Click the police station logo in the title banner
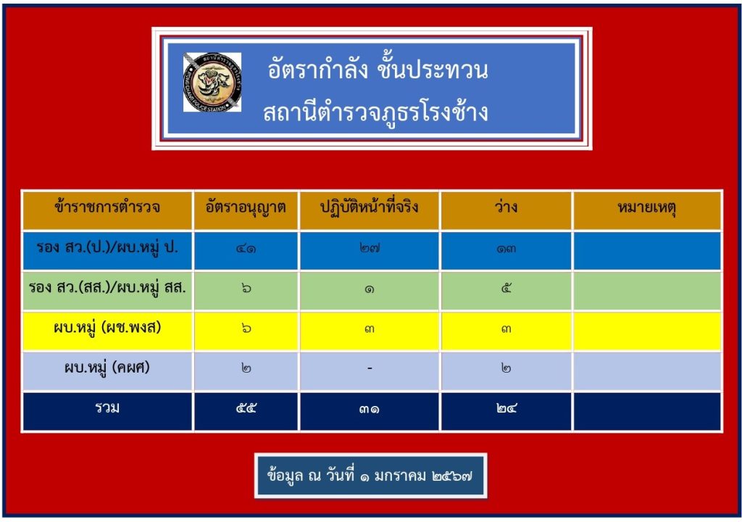(212, 82)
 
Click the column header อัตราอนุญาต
(246, 207)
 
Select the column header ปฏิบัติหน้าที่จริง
(369, 207)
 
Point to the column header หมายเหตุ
(647, 207)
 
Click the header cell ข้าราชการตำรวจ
(107, 207)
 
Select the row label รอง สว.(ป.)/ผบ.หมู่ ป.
(107, 247)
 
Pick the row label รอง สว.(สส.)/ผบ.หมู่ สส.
(107, 287)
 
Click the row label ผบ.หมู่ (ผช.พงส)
(107, 327)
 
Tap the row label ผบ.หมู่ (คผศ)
(107, 367)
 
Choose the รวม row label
(107, 407)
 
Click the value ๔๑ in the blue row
(246, 248)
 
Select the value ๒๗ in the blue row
(369, 248)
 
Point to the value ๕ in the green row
(507, 288)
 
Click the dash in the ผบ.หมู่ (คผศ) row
(370, 368)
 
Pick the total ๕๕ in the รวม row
(246, 408)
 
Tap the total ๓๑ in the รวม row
(369, 408)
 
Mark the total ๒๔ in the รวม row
(507, 408)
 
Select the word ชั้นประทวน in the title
(432, 70)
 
